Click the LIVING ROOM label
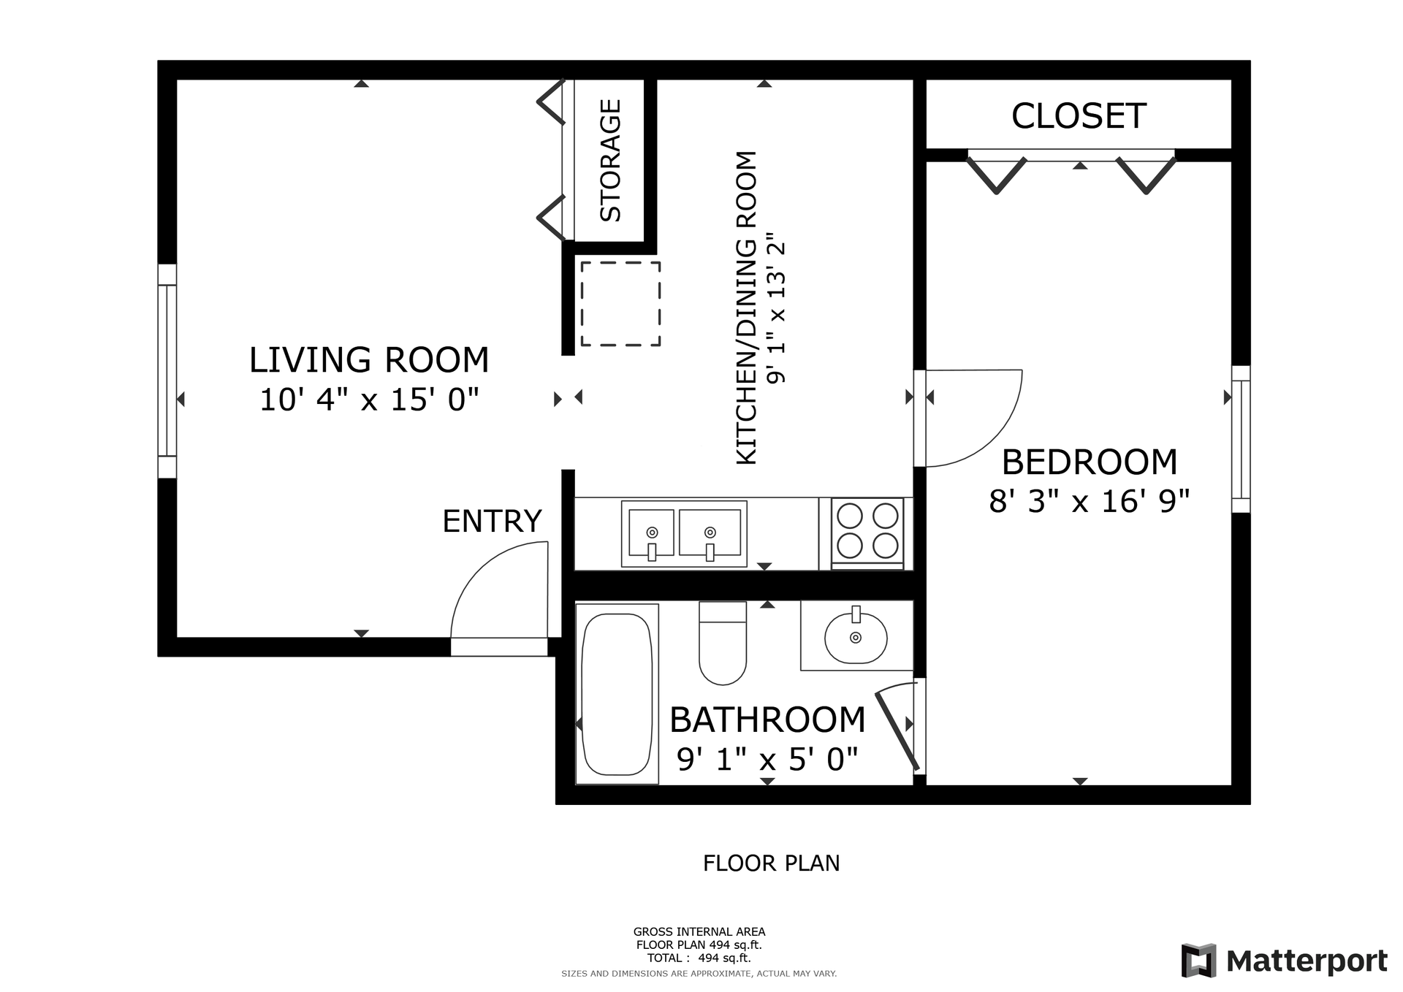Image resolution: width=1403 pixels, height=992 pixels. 369,360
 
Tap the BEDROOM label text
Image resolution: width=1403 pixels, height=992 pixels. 1090,462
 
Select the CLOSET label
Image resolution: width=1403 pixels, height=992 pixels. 1079,116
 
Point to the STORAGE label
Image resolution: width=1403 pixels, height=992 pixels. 610,161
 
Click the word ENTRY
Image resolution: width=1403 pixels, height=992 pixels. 492,522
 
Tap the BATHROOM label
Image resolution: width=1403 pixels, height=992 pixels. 767,720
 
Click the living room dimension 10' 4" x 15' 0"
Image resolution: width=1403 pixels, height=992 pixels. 369,400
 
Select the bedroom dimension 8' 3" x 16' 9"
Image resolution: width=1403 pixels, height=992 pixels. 1090,502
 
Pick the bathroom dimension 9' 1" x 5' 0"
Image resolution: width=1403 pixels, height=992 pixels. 767,760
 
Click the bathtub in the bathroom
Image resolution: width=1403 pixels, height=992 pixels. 617,694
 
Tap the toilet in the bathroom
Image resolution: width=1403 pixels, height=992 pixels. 723,643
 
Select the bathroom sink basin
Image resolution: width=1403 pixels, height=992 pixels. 856,637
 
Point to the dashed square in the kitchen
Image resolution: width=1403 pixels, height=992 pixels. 620,304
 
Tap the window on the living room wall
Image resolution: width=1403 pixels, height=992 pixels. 167,371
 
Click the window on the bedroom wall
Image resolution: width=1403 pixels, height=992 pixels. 1241,439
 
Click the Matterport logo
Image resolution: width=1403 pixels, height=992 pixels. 1285,961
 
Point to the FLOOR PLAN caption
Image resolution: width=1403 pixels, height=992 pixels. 771,863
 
